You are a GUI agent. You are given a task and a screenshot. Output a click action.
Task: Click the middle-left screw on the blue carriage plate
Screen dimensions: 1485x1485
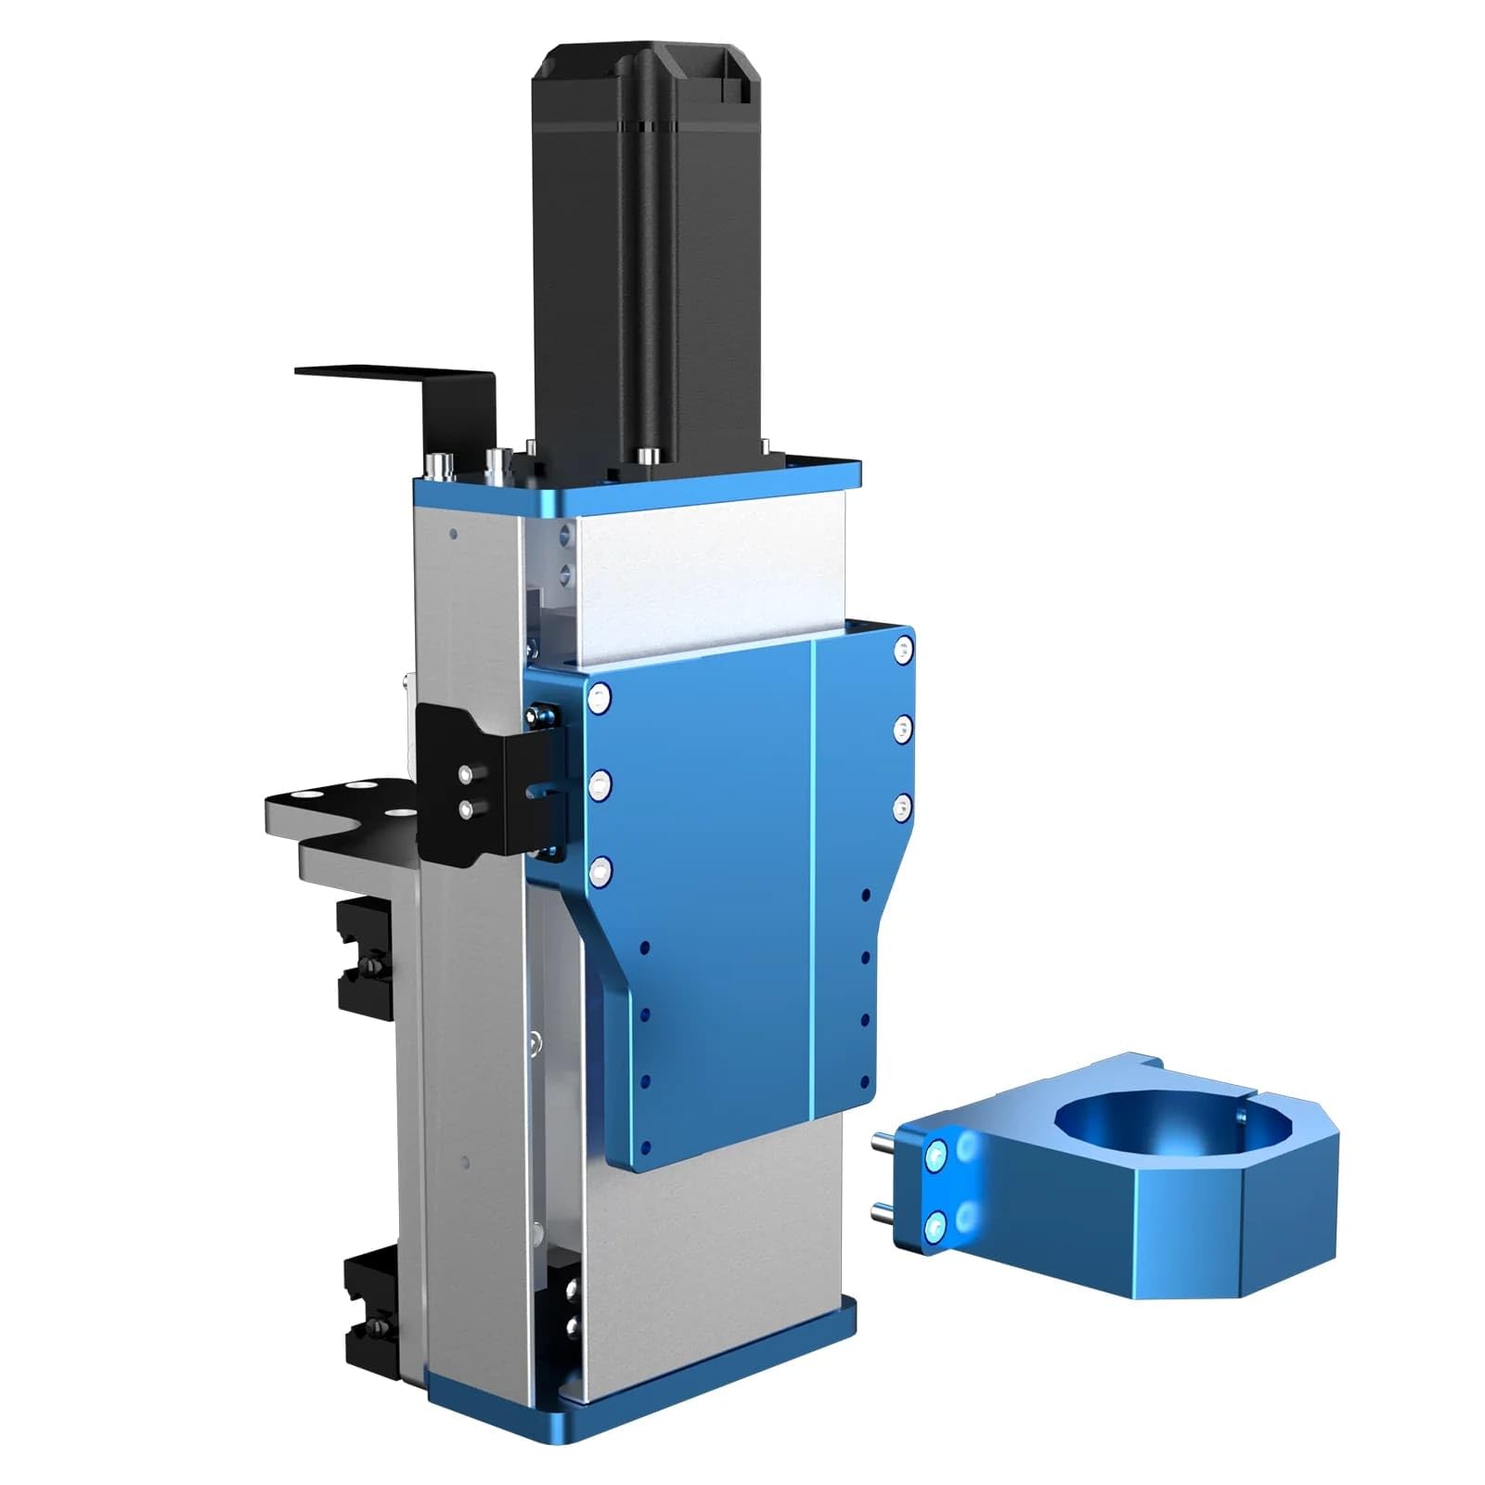pyautogui.click(x=600, y=785)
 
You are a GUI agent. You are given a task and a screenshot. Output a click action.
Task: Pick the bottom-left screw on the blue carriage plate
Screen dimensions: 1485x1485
pyautogui.click(x=600, y=870)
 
